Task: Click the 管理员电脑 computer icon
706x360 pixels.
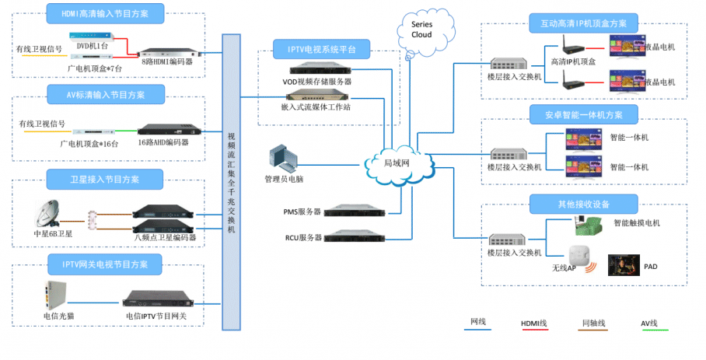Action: pos(281,158)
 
